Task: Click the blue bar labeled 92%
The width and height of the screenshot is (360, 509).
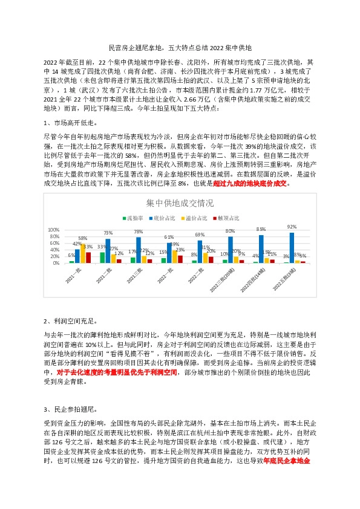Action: pos(292,247)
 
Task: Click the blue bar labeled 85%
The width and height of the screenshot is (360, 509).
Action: pos(261,248)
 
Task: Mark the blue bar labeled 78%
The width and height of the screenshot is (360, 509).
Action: pos(139,250)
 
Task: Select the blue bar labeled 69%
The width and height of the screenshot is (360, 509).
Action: pos(200,251)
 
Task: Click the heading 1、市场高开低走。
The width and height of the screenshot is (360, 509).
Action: pos(71,123)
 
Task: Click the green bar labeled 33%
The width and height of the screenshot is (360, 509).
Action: pos(102,258)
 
